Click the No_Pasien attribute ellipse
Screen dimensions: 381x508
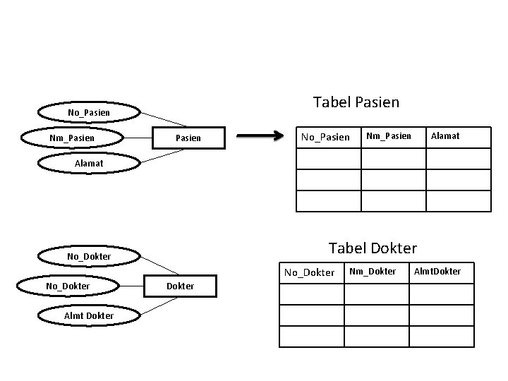(88, 112)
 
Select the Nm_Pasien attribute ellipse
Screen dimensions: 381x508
(72, 137)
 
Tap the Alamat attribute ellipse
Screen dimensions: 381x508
(88, 163)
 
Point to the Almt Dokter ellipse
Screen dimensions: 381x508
(88, 315)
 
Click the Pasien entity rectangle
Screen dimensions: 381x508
(188, 138)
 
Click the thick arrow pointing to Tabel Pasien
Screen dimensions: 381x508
(259, 137)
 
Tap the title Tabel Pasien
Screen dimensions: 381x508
(356, 102)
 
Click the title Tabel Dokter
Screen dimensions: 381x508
(373, 248)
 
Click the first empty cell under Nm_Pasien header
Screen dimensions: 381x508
(393, 159)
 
